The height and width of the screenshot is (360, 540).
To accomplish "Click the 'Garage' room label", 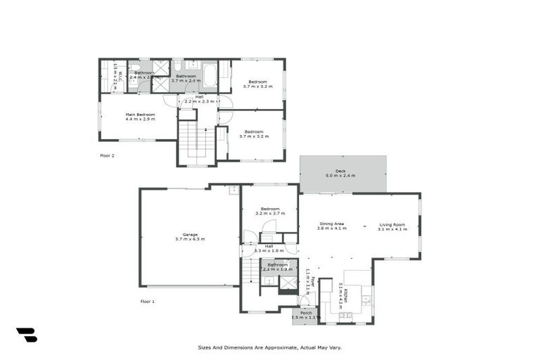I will [x=190, y=234].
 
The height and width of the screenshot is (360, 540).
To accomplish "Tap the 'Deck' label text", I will [x=340, y=171].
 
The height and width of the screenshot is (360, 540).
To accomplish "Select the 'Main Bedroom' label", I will [x=140, y=115].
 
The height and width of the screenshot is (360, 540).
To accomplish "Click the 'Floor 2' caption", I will [x=107, y=155].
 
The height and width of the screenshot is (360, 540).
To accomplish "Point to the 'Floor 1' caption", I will [x=147, y=301].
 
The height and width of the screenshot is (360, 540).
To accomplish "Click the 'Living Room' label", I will [x=392, y=224].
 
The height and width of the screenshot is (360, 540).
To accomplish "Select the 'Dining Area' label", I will [x=331, y=224].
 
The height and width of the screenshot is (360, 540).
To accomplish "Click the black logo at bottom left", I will [x=26, y=335].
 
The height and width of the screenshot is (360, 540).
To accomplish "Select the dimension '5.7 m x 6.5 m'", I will [x=190, y=240].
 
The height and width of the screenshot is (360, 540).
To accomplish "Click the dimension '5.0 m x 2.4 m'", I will [x=340, y=176].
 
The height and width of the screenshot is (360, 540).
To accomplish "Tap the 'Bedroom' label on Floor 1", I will [x=270, y=209].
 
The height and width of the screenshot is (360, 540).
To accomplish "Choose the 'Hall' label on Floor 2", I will [x=199, y=96].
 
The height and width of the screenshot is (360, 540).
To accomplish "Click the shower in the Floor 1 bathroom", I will [x=288, y=283].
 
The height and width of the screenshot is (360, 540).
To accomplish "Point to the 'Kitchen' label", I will [x=346, y=292].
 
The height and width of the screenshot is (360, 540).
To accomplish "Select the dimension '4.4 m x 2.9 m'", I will [x=140, y=120].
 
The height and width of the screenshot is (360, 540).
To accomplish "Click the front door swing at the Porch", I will [x=304, y=301].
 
